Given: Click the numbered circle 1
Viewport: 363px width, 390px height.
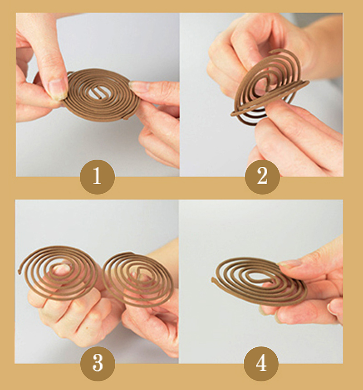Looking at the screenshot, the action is (97, 176).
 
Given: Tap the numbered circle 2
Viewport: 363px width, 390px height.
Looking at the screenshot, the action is (262, 176).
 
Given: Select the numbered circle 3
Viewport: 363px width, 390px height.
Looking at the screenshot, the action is (98, 363).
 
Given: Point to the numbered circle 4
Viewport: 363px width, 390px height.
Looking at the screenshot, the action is (261, 363).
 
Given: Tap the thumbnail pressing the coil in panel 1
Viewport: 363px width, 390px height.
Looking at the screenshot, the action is (58, 89).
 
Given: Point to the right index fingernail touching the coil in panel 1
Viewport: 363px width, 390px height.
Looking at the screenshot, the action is (137, 86).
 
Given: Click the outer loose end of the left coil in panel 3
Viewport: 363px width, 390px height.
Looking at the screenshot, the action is (20, 272).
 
